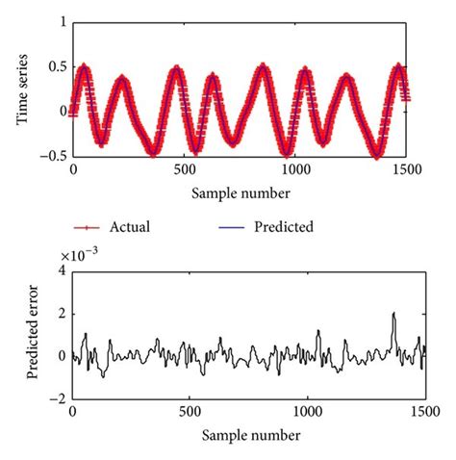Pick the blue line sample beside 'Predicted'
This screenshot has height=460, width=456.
click(227, 227)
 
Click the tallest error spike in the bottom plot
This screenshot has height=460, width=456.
click(393, 315)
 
